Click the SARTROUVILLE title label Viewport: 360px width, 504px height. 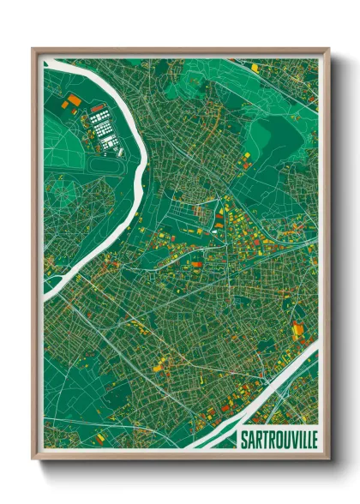click(275, 438)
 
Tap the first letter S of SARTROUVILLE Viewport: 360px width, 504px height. click(240, 438)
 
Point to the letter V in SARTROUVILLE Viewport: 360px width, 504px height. click(287, 438)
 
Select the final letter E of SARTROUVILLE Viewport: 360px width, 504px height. click(312, 438)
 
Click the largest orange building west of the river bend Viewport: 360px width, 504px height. click(74, 100)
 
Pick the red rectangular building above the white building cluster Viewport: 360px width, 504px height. click(98, 108)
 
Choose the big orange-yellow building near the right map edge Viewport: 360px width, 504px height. click(297, 329)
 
